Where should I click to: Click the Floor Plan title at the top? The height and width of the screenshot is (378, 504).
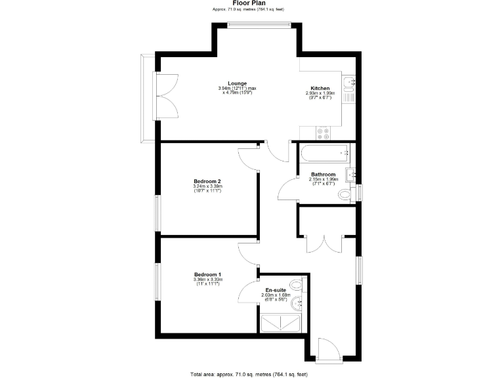[252, 3]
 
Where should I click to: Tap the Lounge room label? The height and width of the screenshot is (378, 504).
[238, 83]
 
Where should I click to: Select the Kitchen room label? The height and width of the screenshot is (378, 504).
[320, 89]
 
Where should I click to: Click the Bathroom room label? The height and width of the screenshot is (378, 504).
[324, 175]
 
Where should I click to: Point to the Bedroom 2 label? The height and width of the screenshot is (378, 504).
[207, 181]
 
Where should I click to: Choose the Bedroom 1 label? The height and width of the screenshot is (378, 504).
[207, 274]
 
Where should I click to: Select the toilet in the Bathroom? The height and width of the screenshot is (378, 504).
[345, 195]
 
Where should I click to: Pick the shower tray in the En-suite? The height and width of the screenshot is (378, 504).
[282, 323]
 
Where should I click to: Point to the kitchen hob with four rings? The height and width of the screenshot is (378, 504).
[324, 133]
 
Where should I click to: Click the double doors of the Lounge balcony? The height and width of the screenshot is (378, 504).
[167, 95]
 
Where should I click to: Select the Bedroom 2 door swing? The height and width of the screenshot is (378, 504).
[248, 159]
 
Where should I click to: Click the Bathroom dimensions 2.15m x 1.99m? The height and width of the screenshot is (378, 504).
[324, 179]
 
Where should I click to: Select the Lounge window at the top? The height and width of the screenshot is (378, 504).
[258, 25]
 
